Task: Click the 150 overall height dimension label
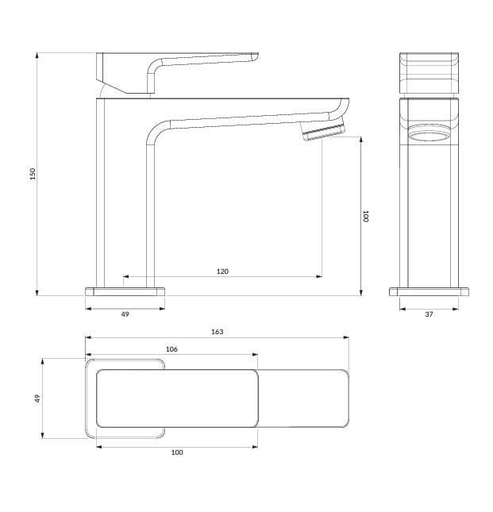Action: [x=33, y=174]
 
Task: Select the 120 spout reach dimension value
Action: [x=222, y=271]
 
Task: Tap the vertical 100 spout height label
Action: [x=366, y=215]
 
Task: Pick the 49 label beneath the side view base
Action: [x=125, y=314]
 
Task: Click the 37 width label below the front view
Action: [x=429, y=314]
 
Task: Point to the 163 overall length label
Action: [x=217, y=332]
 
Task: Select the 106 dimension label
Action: [x=171, y=349]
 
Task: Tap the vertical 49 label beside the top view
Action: [x=37, y=398]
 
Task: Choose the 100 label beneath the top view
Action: [x=177, y=452]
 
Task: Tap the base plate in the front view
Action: [x=429, y=291]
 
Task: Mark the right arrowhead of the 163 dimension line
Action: [x=346, y=337]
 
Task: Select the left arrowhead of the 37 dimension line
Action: [x=401, y=309]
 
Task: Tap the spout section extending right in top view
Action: [x=302, y=398]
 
